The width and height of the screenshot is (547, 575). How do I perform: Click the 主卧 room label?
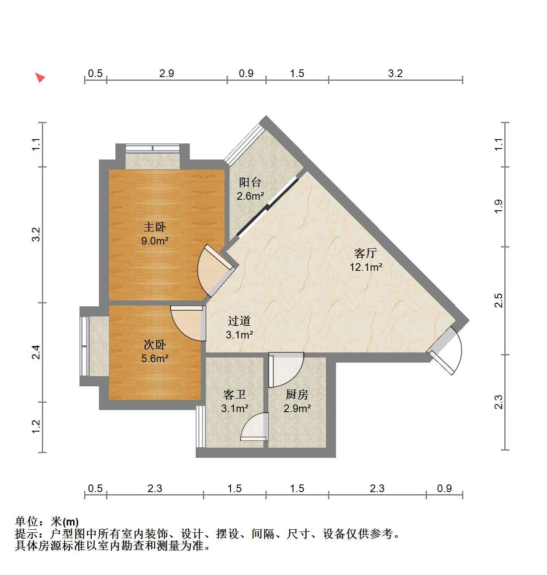click(155, 227)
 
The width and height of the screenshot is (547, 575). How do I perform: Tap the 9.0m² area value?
click(155, 241)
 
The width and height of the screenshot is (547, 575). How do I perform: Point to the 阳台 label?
click(250, 182)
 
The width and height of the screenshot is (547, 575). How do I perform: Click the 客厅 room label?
click(366, 253)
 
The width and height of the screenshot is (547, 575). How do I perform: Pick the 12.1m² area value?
click(366, 267)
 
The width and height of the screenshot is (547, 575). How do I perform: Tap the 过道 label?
click(239, 321)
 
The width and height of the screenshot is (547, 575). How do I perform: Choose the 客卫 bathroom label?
click(234, 394)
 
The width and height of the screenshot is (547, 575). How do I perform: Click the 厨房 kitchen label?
click(297, 394)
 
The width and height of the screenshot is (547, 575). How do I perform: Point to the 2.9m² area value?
click(297, 408)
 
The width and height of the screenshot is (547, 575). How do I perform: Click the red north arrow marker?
click(40, 77)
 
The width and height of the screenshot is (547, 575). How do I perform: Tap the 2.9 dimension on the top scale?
click(167, 73)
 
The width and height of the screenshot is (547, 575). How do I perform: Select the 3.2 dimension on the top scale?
click(395, 73)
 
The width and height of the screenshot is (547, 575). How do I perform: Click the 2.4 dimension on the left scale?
click(36, 352)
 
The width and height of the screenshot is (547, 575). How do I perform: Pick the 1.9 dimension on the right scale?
click(498, 206)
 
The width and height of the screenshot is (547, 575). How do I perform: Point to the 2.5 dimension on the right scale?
click(498, 300)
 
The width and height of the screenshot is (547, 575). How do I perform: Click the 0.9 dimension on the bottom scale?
click(444, 488)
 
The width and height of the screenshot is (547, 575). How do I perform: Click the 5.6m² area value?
click(155, 358)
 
